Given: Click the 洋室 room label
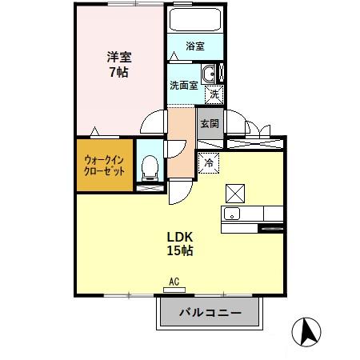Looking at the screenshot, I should tap(119, 58).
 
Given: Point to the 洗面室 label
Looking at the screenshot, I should tap(183, 86).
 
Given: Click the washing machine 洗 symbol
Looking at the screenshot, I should tap(214, 94).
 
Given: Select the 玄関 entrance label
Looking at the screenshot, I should tap(210, 124).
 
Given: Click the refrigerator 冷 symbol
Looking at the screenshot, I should tap(209, 162).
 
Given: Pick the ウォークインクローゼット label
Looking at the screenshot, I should tap(105, 166).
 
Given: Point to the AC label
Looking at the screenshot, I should tap(174, 282).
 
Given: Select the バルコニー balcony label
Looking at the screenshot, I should tap(210, 313).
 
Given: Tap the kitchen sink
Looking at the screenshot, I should tap(231, 213).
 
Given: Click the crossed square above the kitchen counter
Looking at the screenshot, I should tap(235, 193).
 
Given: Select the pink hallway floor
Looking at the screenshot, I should tap(182, 144).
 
